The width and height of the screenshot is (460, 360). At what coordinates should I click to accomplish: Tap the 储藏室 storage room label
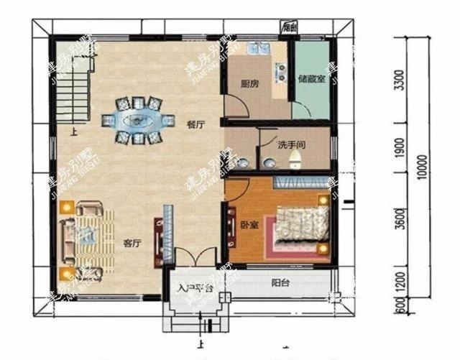click(311, 78)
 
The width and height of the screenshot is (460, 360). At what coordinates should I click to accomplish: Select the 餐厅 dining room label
click(195, 124)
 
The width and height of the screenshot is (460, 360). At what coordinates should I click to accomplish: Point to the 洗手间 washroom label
click(291, 144)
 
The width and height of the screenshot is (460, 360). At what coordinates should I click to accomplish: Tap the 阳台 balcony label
click(280, 283)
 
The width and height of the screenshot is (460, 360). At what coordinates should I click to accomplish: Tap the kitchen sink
click(257, 51)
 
